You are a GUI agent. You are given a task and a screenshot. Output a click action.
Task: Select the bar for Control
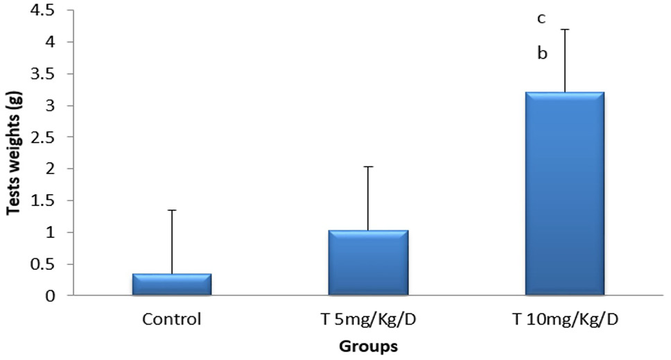click(172, 284)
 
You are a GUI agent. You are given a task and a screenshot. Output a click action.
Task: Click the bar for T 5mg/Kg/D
click(369, 262)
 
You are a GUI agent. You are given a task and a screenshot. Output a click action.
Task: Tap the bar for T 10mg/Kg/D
click(565, 194)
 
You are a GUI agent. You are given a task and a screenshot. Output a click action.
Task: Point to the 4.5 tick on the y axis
click(43, 10)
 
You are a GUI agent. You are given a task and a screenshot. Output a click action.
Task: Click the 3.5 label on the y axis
click(43, 74)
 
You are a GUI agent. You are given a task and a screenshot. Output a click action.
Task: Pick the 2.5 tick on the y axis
click(43, 137)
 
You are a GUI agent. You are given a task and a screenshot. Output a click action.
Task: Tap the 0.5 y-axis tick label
click(43, 264)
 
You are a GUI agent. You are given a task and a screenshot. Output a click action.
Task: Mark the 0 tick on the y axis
click(50, 295)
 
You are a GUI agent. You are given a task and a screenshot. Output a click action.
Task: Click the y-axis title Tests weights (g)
click(13, 153)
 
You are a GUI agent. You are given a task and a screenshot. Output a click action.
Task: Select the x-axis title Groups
click(369, 346)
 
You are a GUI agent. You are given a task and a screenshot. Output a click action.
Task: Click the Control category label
click(172, 319)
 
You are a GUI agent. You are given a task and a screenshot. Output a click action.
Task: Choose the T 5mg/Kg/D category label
click(369, 320)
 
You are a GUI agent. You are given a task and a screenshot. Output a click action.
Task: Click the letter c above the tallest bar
click(541, 19)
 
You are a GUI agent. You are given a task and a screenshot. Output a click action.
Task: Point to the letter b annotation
click(542, 53)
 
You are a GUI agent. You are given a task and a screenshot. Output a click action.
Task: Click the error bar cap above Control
click(172, 210)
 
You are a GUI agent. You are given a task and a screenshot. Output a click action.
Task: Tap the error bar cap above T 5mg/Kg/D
click(369, 166)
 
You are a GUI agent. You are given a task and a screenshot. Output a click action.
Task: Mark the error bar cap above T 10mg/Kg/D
click(565, 30)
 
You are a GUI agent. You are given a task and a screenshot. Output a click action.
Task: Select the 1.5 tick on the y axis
click(43, 200)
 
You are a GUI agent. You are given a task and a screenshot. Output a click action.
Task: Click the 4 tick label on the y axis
click(50, 42)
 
